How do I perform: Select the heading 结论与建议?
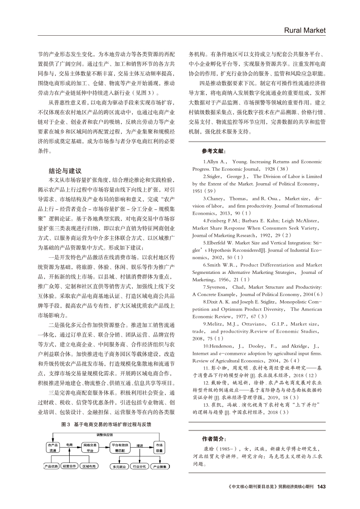(65, 171)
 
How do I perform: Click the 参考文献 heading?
(214, 152)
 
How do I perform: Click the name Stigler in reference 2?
(215, 176)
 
